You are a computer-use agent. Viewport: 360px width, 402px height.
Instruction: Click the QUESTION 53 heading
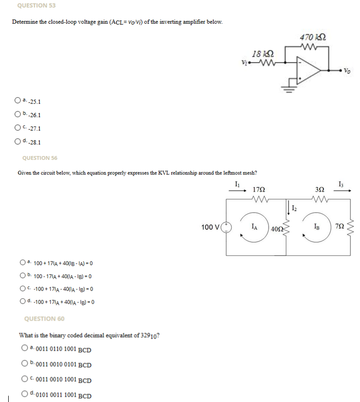point(36,5)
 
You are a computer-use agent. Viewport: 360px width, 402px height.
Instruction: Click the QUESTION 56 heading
point(40,158)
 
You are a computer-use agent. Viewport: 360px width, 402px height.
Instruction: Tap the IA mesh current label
point(255,225)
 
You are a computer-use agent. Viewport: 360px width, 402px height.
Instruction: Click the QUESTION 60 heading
point(44,319)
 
